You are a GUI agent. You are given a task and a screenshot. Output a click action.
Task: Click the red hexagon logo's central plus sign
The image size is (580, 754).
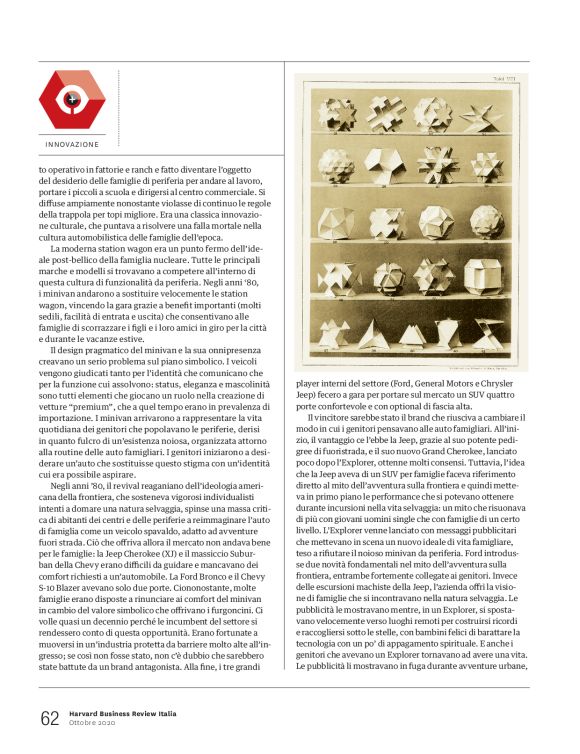click(72, 100)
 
